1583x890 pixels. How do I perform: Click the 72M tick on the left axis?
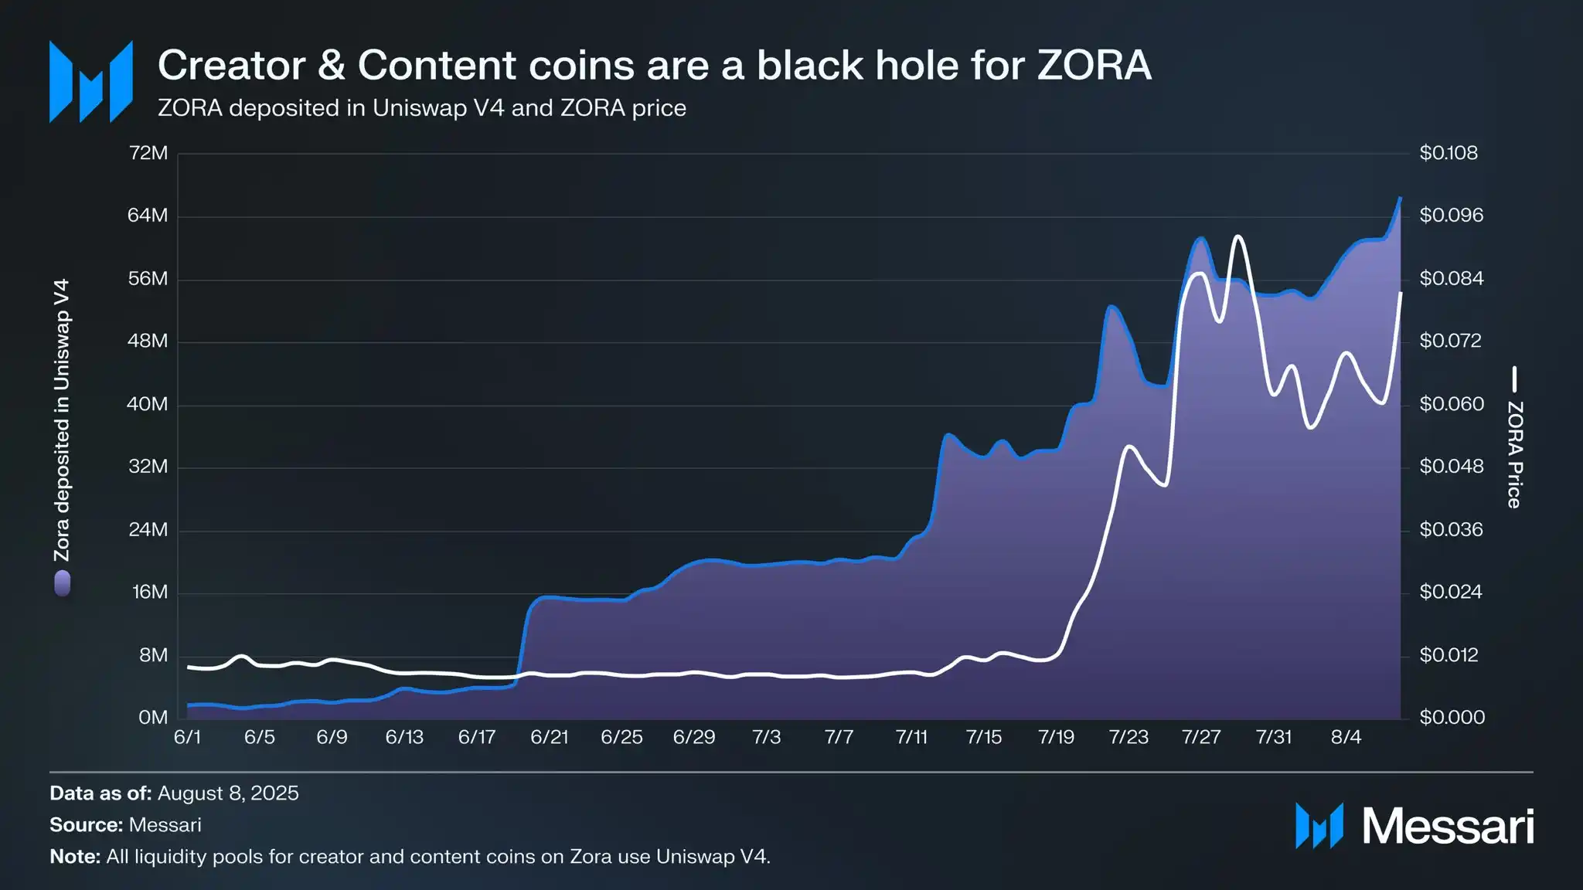point(148,153)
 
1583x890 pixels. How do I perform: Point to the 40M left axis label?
point(148,404)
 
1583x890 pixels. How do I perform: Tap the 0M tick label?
point(153,718)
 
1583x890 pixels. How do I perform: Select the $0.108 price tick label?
point(1448,153)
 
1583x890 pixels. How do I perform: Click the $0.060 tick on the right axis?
point(1452,404)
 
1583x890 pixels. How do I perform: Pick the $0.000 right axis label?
point(1452,718)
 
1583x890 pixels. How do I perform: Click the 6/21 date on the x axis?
point(549,737)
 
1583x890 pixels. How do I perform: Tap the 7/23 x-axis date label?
point(1129,737)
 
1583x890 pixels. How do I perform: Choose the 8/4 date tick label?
point(1346,737)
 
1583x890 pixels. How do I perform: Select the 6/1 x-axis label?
point(187,737)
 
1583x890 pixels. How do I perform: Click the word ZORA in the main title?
point(1094,65)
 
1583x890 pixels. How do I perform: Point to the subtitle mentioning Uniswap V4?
point(421,108)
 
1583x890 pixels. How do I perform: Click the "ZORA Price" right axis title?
point(1515,454)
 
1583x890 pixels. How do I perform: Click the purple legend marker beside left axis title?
point(63,583)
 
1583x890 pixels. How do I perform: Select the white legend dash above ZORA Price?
point(1515,379)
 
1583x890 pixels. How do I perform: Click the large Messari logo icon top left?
point(91,82)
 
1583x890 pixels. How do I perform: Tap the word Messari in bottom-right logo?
point(1447,827)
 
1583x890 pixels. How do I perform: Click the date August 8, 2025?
point(228,793)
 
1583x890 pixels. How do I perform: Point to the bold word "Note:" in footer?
point(75,857)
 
